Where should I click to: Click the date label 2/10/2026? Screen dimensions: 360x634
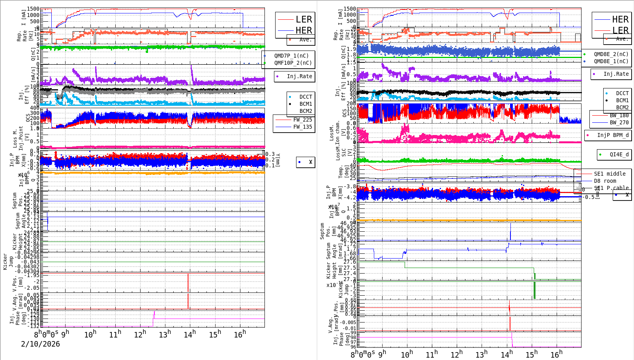coord(40,344)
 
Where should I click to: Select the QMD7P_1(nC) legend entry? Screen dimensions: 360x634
coord(291,56)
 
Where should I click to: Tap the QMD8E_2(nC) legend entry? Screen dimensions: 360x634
coord(611,54)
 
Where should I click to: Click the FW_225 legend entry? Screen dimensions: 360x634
coord(302,120)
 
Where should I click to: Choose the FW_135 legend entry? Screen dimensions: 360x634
coord(302,127)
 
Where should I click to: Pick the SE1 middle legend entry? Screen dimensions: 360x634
coord(610,174)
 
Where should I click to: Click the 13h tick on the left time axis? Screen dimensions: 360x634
coord(165,334)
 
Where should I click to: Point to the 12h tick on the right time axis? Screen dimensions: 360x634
coord(457,354)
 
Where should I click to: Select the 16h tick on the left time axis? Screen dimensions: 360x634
coord(240,334)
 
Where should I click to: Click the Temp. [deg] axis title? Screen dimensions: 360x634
coord(341,172)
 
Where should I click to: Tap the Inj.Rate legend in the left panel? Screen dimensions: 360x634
coord(299,76)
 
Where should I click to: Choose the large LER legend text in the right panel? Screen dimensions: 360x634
coord(620,30)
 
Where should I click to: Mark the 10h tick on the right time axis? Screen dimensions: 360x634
coord(407,354)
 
